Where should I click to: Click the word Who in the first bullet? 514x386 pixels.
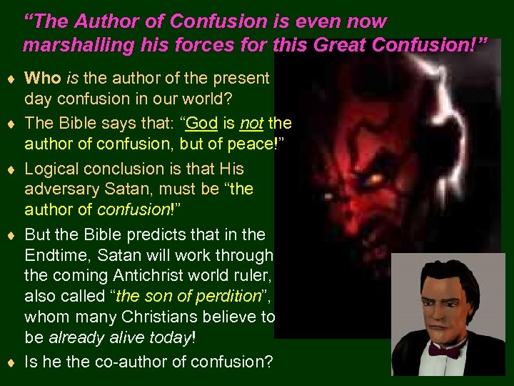[43, 78]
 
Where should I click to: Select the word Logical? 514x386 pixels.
[54, 169]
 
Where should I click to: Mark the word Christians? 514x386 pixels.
[168, 317]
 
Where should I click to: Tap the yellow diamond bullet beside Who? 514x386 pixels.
[11, 79]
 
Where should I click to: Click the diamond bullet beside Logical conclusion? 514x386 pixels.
[11, 169]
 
